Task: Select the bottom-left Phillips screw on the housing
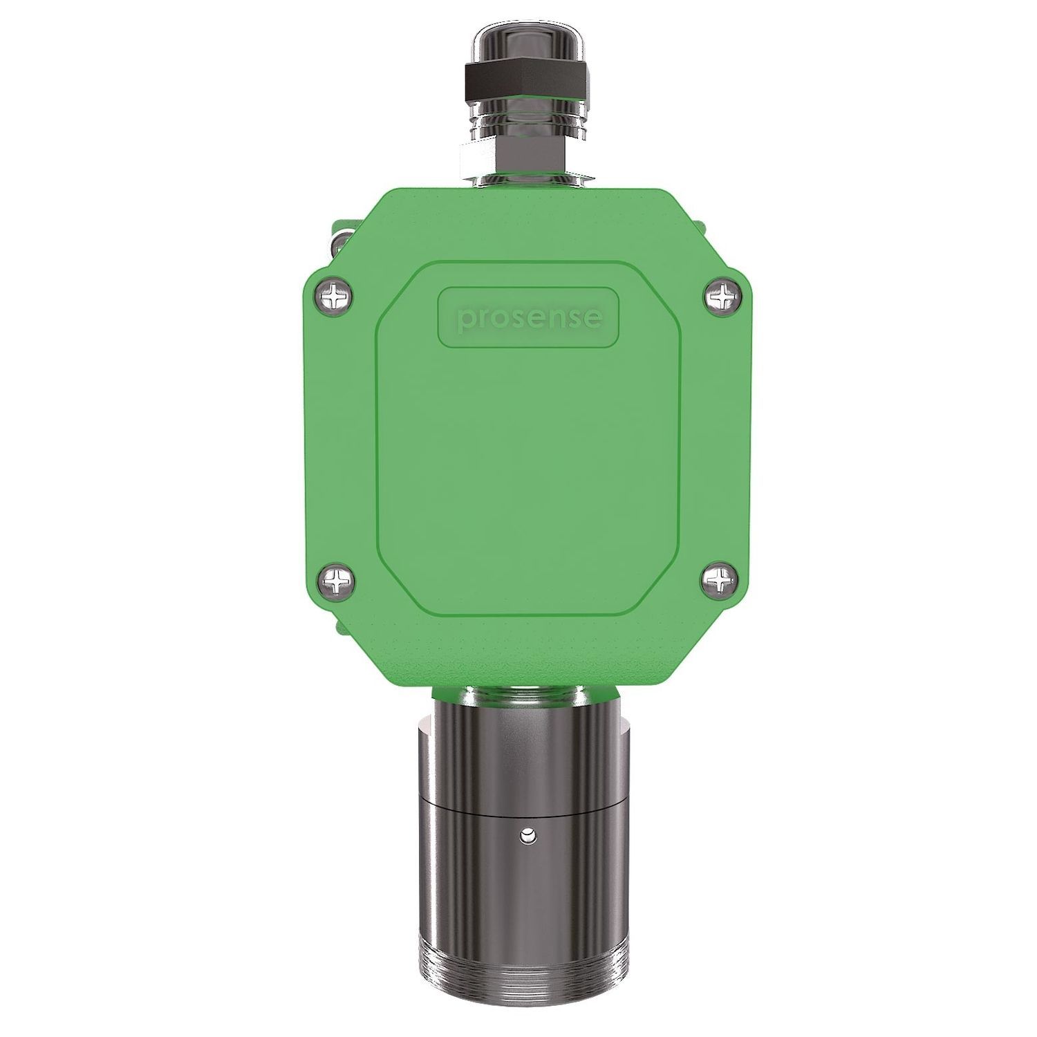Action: click(337, 582)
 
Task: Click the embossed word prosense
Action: click(529, 318)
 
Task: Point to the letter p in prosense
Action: click(467, 320)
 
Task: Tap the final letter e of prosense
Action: click(592, 318)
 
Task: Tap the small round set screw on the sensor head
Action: click(528, 837)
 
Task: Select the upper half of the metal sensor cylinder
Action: click(529, 754)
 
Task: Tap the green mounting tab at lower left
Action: click(339, 626)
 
